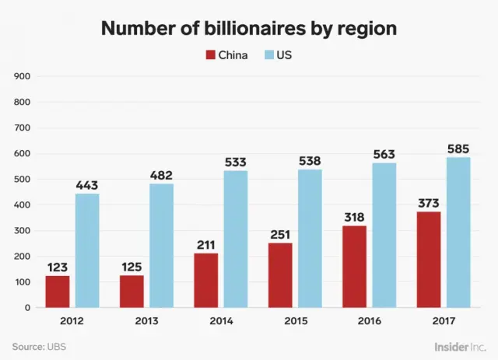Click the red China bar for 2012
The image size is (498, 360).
(57, 291)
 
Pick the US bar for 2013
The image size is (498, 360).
(161, 245)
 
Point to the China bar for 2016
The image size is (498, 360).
(354, 266)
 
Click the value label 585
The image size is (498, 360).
(458, 148)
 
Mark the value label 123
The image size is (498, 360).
(57, 267)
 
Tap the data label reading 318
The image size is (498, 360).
(354, 216)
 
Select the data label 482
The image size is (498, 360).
(161, 175)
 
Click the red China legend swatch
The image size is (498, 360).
(210, 55)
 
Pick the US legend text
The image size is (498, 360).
(284, 55)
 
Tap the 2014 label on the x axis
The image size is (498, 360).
(220, 320)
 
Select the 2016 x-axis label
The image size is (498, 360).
(369, 320)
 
